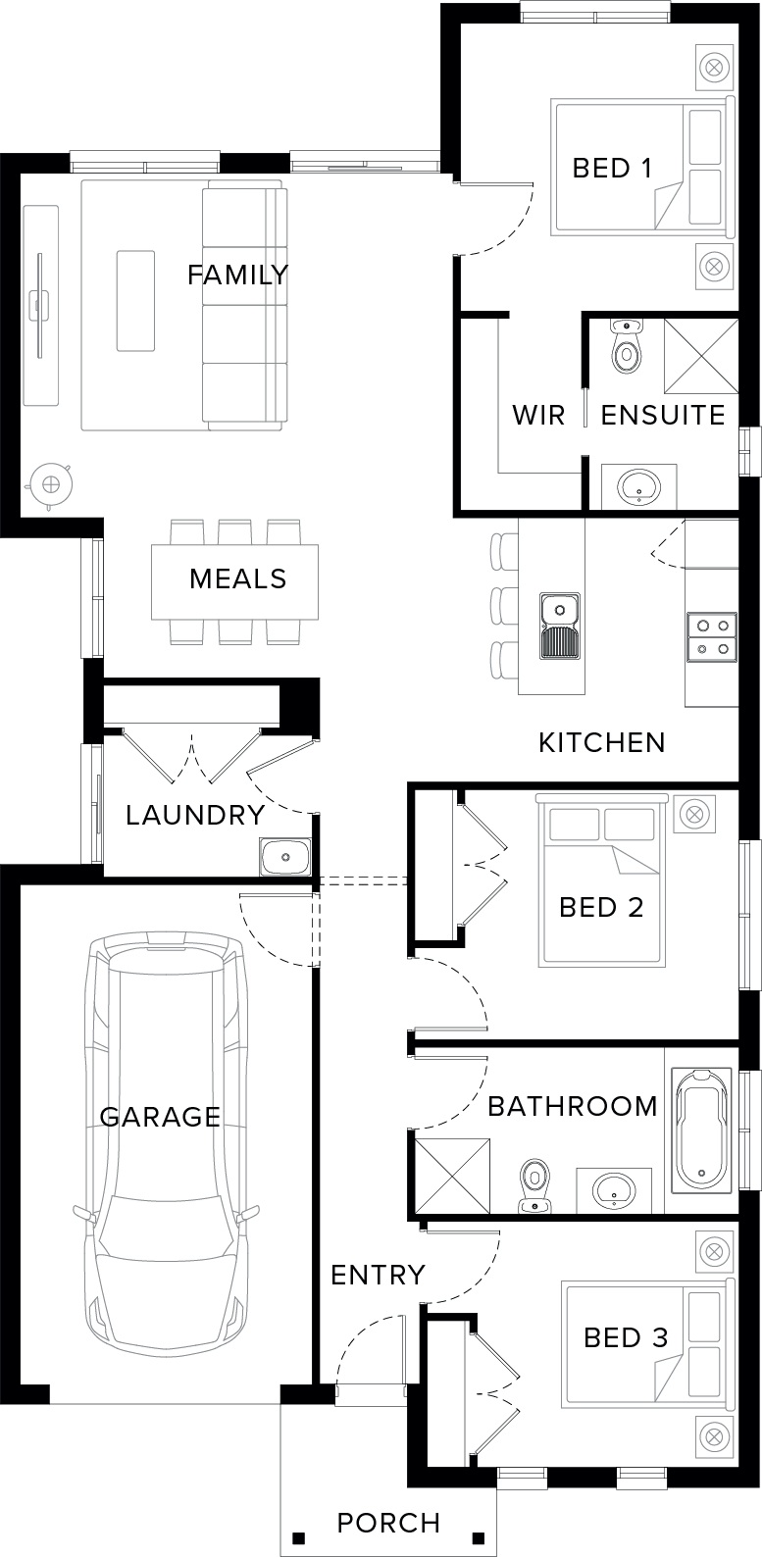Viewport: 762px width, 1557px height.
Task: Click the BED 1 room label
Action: click(x=612, y=168)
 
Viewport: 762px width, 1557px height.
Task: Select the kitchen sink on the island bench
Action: click(x=560, y=626)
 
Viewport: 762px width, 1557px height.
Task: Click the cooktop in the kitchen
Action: click(x=712, y=636)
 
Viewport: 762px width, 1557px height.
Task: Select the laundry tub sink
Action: click(x=285, y=856)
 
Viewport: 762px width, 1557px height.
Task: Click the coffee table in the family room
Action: click(x=135, y=301)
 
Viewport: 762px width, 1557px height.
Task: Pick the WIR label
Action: click(x=538, y=415)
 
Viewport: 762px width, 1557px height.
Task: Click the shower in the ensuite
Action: click(x=701, y=356)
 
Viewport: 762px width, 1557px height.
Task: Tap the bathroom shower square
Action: click(x=453, y=1176)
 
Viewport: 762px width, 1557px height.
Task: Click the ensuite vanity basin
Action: click(x=639, y=486)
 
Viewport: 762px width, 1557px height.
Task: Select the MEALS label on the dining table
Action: click(x=237, y=578)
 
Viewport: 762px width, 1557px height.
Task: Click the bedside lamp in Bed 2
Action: click(x=693, y=812)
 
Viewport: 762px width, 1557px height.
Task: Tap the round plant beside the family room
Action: click(x=49, y=484)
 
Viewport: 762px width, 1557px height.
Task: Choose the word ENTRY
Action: click(x=378, y=1275)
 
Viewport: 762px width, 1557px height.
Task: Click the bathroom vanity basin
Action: click(x=614, y=1190)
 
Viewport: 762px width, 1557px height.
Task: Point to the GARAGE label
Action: click(x=160, y=1117)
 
